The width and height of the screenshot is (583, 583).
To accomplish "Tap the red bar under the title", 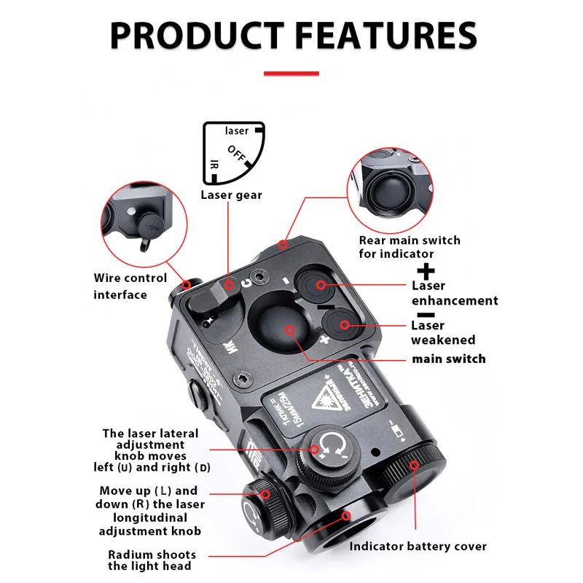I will click(291, 73).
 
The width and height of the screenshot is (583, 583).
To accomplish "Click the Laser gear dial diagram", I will click(232, 153).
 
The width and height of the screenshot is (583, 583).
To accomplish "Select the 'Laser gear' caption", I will click(231, 195).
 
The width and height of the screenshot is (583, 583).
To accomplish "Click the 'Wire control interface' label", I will click(130, 286).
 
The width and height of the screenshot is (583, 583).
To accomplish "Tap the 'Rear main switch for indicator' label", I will click(410, 247).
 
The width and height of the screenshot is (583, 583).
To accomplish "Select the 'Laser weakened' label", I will click(442, 332).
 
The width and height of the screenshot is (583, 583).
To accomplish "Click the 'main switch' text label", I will click(448, 359).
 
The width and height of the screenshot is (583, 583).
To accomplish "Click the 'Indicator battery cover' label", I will click(418, 546).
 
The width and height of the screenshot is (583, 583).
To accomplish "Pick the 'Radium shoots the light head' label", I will click(150, 560).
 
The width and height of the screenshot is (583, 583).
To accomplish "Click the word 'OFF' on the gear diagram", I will click(236, 154).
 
